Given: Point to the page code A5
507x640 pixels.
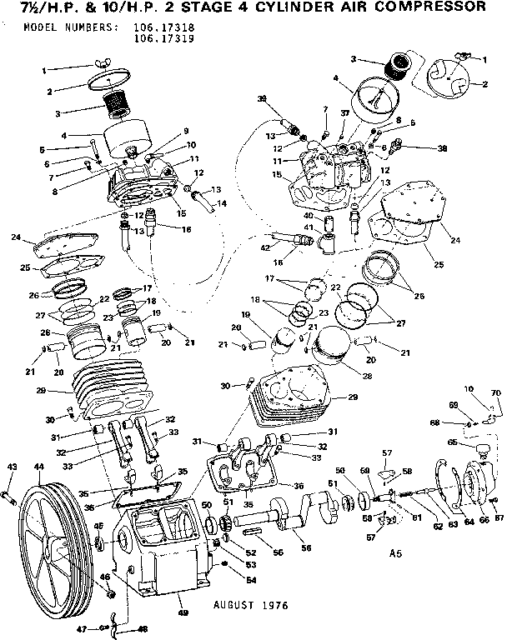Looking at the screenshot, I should pyautogui.click(x=396, y=552).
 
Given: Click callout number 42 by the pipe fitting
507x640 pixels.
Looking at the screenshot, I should pyautogui.click(x=266, y=247).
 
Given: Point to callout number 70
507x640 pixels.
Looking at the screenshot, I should pyautogui.click(x=495, y=392).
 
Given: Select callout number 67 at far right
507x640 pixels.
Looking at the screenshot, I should pyautogui.click(x=498, y=518).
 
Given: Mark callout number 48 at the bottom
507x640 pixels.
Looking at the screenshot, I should pyautogui.click(x=143, y=629).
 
